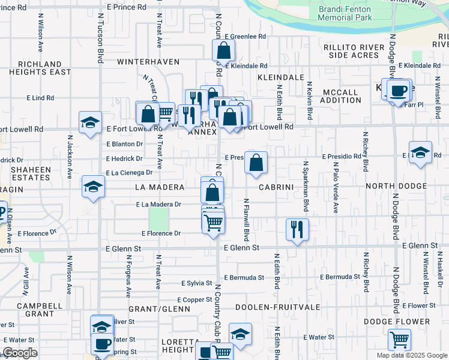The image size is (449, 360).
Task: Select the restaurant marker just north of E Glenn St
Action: pyautogui.click(x=297, y=229)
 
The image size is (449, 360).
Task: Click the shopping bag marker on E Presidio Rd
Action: pyautogui.click(x=256, y=162)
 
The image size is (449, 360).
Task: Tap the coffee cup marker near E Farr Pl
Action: pyautogui.click(x=399, y=91)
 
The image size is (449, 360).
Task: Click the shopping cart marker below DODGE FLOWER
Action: pyautogui.click(x=399, y=339)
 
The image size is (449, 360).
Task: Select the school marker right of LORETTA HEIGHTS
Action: pyautogui.click(x=240, y=335)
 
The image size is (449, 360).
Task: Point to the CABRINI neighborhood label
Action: pyautogui.click(x=276, y=187)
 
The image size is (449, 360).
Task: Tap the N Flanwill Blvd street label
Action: pyautogui.click(x=246, y=217)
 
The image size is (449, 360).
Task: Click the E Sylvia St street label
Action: pyautogui.click(x=196, y=283)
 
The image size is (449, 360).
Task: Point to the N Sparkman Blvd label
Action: pyautogui.click(x=306, y=186)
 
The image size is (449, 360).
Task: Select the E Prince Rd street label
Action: pyautogui.click(x=127, y=7)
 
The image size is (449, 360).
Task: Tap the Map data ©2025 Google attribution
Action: pyautogui.click(x=412, y=355)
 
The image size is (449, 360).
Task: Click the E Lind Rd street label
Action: pyautogui.click(x=40, y=98)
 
